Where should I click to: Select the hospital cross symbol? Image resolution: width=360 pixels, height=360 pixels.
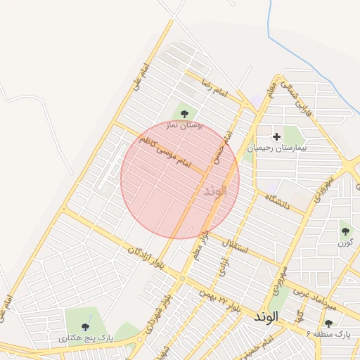click(276, 136)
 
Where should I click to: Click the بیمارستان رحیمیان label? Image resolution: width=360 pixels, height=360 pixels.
click(277, 148)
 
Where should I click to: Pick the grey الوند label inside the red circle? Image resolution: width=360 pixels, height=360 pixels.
click(214, 191)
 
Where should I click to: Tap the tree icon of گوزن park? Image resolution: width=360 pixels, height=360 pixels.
click(345, 230)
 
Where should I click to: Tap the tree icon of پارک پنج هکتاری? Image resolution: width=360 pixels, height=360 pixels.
click(85, 326)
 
